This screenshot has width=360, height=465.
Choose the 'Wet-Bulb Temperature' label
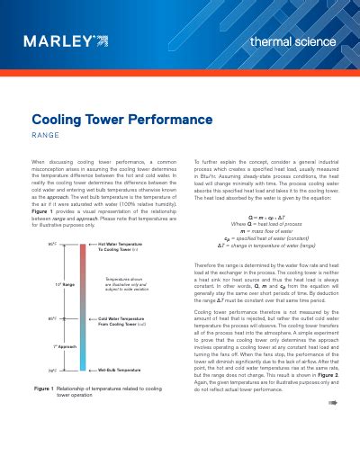tap(118, 370)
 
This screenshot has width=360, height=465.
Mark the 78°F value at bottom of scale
tap(51, 370)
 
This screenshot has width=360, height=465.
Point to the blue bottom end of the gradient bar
tap(83, 366)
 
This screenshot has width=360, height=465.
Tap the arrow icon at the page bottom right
tap(332, 428)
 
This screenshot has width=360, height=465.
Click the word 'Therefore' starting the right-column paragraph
tap(208, 265)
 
